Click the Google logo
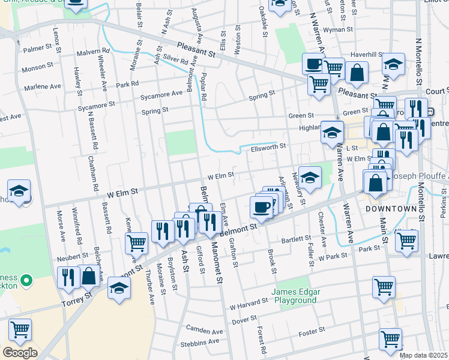pos(20,352)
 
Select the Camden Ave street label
pos(204,331)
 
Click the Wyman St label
pos(337,29)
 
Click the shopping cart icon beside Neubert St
pos(137,242)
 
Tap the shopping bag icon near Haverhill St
pos(357,72)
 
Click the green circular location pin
pos(26,280)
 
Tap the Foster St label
pos(312,329)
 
